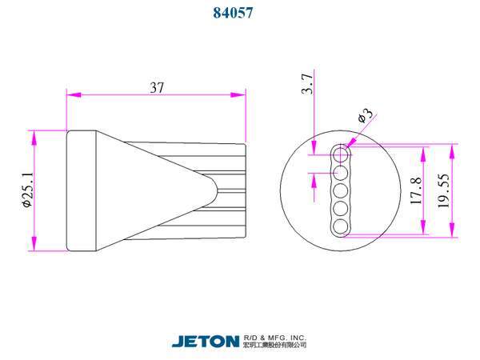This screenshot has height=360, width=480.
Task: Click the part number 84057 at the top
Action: pyautogui.click(x=233, y=13)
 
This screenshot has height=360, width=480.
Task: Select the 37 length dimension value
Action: pyautogui.click(x=157, y=87)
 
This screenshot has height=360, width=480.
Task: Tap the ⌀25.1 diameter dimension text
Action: pyautogui.click(x=27, y=190)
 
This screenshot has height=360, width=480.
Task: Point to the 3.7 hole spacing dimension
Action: pyautogui.click(x=307, y=83)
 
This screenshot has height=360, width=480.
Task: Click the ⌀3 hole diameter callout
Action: pyautogui.click(x=366, y=115)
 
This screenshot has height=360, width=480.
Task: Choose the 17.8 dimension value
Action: pyautogui.click(x=416, y=190)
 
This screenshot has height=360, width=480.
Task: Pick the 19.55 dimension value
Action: pyautogui.click(x=443, y=190)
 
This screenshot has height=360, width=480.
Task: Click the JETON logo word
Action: pyautogui.click(x=206, y=342)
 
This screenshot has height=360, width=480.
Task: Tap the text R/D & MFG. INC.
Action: pyautogui.click(x=274, y=338)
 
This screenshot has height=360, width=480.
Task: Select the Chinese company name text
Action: pyautogui.click(x=274, y=345)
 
